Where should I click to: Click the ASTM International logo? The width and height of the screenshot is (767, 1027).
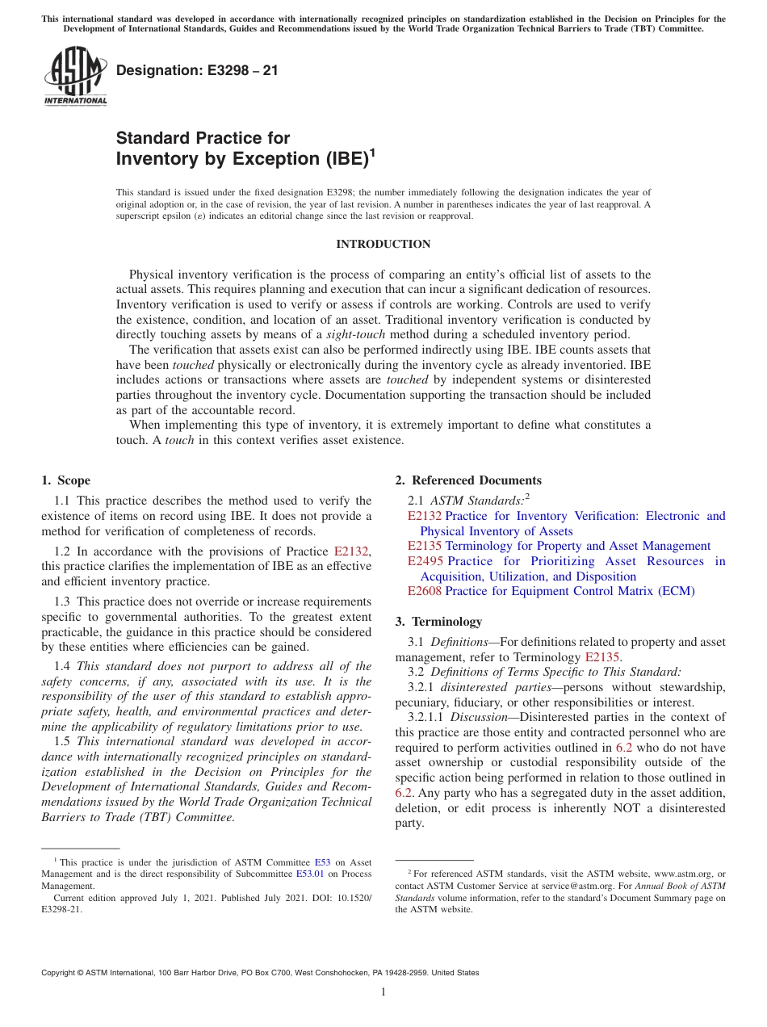[x=74, y=76]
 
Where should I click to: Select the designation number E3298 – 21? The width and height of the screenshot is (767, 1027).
[x=197, y=71]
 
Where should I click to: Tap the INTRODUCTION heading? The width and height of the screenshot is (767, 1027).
[x=383, y=244]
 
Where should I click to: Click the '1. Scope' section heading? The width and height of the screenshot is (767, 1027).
[x=66, y=480]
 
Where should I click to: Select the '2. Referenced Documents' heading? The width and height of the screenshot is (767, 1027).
[x=468, y=480]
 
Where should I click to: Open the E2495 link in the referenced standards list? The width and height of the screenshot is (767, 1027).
[x=425, y=561]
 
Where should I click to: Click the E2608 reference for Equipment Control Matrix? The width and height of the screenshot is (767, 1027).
[x=425, y=591]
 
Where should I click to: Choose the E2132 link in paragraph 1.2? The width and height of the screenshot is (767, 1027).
[x=351, y=551]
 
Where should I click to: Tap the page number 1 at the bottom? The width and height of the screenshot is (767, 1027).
[x=383, y=992]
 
